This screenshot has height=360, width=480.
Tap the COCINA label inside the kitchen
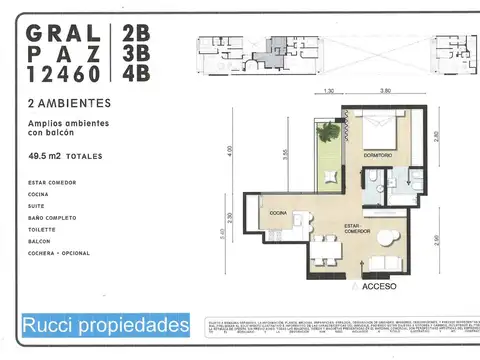277,213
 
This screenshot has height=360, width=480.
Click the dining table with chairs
322,251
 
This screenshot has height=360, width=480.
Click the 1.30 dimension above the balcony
329,92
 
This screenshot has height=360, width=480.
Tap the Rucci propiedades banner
105,325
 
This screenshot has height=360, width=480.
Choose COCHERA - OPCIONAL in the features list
60,253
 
